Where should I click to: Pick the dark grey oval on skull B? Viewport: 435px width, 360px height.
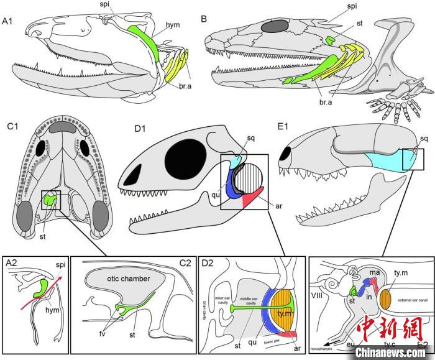point(273,26)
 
